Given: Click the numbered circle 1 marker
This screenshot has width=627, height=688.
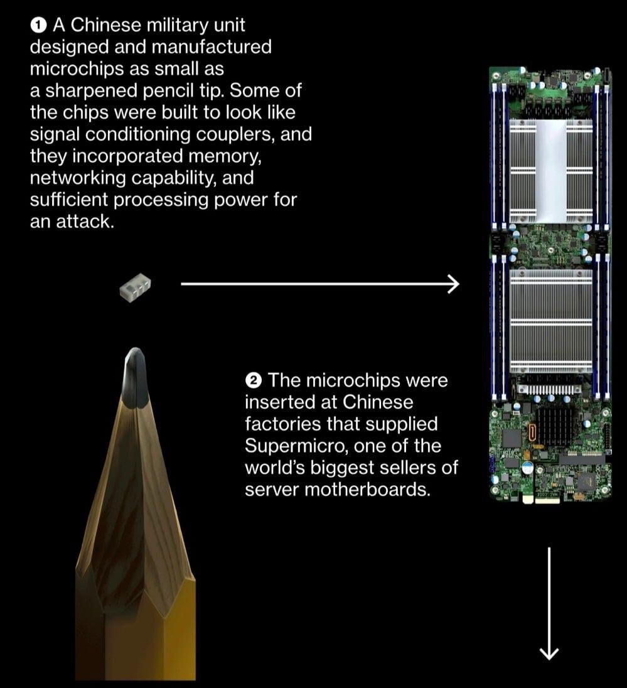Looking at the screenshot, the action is [x=38, y=26].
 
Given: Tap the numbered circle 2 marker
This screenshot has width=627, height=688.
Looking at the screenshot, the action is [x=254, y=380].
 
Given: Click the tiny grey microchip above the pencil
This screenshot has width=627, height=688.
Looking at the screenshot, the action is [x=135, y=288].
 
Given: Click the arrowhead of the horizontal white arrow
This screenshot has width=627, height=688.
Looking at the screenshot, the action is [x=453, y=284].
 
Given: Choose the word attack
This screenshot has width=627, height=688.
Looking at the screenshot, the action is [x=85, y=222].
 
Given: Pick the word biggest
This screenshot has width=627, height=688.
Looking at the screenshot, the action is [x=342, y=468].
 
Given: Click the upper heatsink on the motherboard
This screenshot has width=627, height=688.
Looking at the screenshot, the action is [x=551, y=171].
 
